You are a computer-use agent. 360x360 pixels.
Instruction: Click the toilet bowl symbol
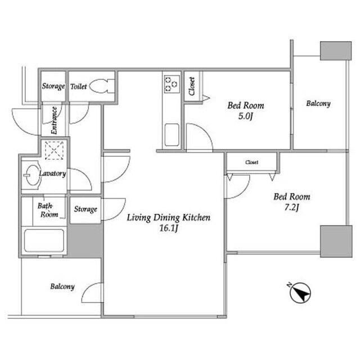click(102, 86)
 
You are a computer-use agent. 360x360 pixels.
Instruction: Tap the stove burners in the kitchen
click(172, 84)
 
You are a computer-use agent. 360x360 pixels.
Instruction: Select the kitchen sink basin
click(172, 135)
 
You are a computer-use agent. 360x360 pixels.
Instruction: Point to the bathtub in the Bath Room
click(44, 240)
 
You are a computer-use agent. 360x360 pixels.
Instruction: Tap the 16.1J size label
click(169, 228)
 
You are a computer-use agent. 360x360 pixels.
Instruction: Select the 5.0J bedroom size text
click(245, 116)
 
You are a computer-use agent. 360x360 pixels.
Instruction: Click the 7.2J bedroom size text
click(291, 208)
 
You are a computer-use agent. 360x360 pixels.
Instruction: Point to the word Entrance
click(54, 120)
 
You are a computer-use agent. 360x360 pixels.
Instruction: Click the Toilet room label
click(79, 87)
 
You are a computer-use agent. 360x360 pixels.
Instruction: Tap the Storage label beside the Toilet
click(53, 86)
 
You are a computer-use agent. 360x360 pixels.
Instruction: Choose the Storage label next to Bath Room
click(85, 209)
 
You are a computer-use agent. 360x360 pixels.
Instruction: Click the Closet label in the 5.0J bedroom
click(192, 86)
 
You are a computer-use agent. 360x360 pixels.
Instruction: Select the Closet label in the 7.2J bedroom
click(251, 163)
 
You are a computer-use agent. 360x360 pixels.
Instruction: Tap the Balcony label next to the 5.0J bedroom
click(318, 103)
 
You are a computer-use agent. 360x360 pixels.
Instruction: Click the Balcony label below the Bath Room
click(62, 286)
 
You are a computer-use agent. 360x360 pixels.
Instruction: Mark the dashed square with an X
click(54, 150)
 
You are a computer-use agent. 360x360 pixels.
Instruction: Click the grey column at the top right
click(336, 51)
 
